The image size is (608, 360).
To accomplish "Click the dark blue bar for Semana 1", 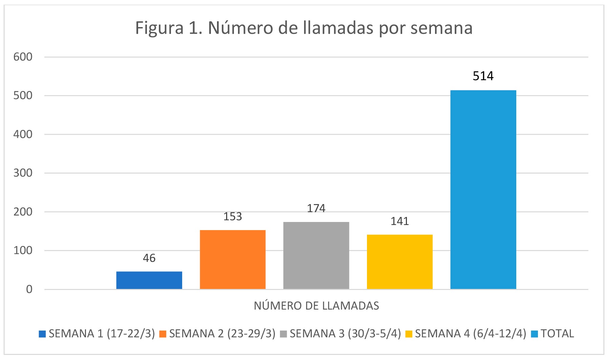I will click(149, 280).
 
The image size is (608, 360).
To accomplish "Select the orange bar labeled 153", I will click(233, 260).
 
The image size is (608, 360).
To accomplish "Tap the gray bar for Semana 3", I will click(316, 255).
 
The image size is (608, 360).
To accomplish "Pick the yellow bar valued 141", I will click(399, 262).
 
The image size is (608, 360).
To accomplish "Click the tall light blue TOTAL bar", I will click(483, 189).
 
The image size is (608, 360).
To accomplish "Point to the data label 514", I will click(483, 76).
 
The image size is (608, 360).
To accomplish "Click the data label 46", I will click(149, 258).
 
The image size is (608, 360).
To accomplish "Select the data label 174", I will click(316, 208).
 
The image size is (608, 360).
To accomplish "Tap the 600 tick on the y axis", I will click(23, 57).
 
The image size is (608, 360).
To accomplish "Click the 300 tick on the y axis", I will click(23, 173).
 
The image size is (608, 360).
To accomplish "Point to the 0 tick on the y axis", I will click(29, 289).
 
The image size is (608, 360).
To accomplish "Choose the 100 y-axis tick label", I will click(23, 250).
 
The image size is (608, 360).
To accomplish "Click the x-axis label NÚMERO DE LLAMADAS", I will click(316, 306).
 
